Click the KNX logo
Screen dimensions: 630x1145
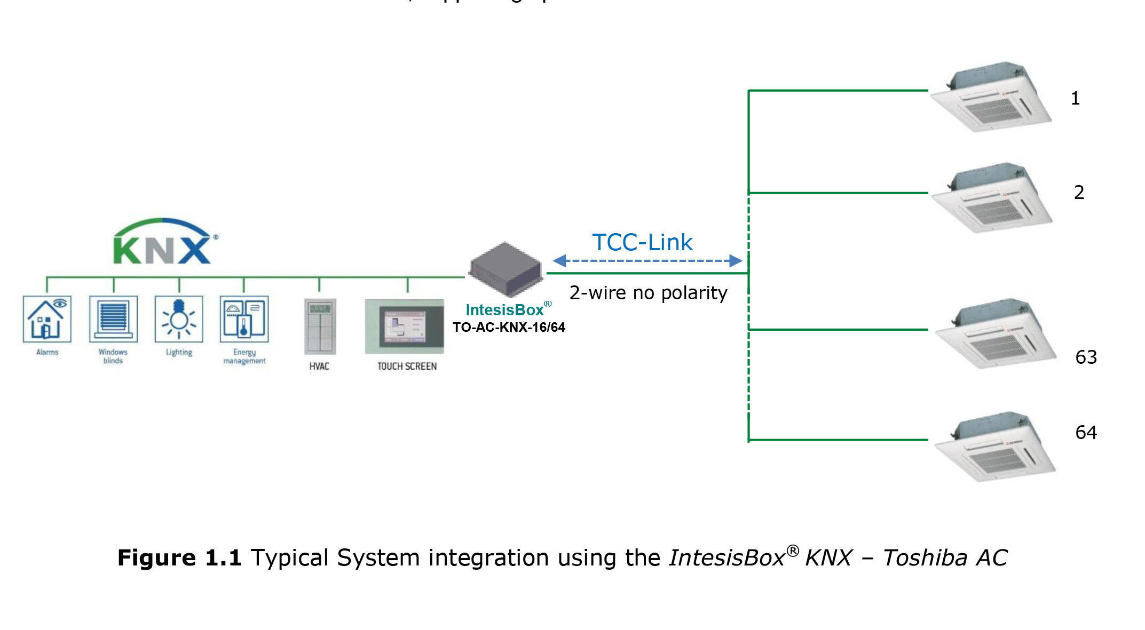163,242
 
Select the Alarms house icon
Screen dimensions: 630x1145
47,319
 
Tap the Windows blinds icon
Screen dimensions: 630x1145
113,319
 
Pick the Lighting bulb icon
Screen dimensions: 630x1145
179,319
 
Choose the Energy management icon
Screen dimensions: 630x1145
244,319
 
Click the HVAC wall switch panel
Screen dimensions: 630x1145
320,326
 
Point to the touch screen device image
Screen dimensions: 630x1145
405,326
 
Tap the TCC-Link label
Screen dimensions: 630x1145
642,243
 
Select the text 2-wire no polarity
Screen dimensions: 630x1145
648,293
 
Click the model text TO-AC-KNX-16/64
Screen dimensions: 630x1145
509,327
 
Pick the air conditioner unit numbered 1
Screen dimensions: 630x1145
991,97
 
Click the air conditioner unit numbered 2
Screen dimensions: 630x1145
992,198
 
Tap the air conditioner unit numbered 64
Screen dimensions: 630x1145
995,446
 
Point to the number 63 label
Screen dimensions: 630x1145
1086,357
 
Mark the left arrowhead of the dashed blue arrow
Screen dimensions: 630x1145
559,261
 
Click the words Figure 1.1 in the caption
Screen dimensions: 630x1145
179,558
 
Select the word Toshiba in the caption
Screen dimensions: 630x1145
925,558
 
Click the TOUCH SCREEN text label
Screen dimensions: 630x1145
407,366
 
